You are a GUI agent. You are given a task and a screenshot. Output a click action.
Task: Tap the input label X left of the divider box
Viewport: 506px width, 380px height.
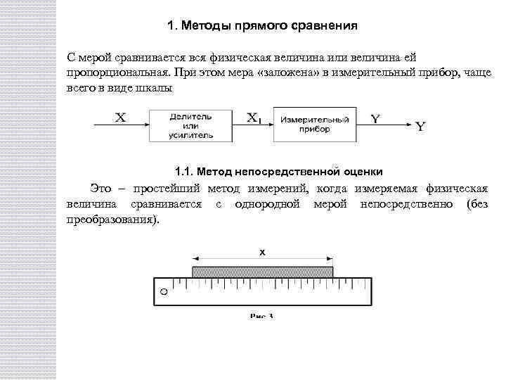(x=120, y=118)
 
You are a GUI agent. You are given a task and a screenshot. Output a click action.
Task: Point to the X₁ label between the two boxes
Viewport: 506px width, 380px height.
(x=254, y=118)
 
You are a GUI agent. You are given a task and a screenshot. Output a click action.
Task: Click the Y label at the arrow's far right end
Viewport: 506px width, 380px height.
(x=420, y=127)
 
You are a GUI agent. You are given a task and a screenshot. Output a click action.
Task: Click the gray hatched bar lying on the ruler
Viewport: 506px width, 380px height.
(x=262, y=271)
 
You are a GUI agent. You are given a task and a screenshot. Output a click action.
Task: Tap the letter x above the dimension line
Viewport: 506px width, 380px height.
(x=261, y=251)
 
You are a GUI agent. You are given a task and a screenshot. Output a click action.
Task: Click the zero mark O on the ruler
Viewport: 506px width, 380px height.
(x=164, y=291)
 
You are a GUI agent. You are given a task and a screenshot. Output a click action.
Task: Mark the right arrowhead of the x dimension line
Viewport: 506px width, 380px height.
(x=330, y=258)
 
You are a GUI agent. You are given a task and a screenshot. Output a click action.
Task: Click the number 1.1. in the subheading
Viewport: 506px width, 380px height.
(x=183, y=171)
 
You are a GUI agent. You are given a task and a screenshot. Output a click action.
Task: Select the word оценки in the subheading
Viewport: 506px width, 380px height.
(x=363, y=171)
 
